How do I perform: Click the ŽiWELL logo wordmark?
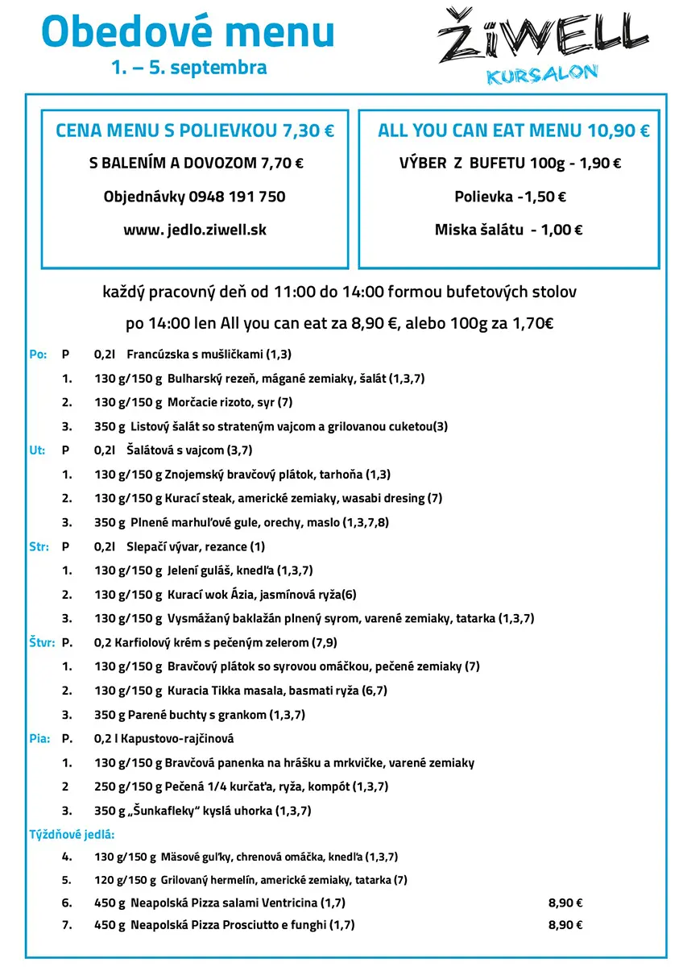tap(542, 36)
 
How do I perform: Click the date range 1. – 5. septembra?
tap(189, 67)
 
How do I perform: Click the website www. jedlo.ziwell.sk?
tap(194, 230)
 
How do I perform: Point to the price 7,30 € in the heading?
tap(308, 131)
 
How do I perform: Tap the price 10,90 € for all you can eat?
tap(618, 131)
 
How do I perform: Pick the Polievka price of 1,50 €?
tap(544, 197)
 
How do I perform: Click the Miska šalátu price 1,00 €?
tap(561, 230)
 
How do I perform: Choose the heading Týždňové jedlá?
tap(71, 834)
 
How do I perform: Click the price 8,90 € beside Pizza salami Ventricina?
tap(565, 903)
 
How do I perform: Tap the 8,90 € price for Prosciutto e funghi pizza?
tap(565, 925)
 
